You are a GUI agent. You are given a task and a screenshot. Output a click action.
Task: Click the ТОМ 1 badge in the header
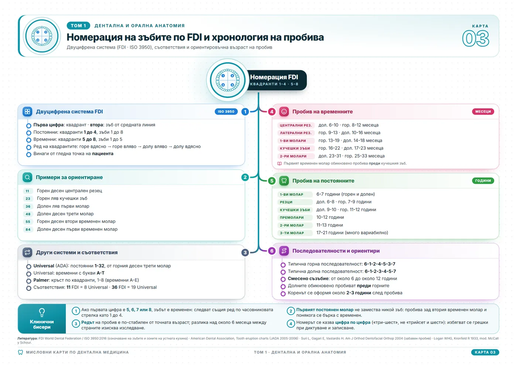(78, 26)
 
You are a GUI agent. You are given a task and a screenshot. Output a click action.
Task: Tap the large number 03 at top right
(476, 38)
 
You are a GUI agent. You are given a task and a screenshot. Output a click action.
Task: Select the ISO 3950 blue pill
(226, 112)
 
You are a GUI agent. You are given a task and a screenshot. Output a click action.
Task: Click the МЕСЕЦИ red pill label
(483, 112)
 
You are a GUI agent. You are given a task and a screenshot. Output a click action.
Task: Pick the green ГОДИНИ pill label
(483, 181)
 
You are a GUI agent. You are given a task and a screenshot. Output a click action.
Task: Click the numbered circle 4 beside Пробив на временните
(272, 112)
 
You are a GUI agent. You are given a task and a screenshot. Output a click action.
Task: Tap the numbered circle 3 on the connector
(245, 253)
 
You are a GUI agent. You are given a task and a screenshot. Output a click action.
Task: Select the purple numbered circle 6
(272, 251)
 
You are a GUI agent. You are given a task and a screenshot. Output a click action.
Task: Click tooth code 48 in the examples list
(28, 214)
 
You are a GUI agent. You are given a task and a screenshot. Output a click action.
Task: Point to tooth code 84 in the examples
(28, 230)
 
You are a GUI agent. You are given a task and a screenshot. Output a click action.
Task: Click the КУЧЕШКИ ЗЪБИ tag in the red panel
(295, 148)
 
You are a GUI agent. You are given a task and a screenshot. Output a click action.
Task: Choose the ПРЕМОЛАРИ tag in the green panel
(292, 217)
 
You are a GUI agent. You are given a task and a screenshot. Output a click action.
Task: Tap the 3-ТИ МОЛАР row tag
(292, 233)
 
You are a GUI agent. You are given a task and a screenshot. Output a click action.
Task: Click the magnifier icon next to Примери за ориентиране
(27, 177)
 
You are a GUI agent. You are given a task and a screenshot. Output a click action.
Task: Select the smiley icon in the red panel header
(284, 112)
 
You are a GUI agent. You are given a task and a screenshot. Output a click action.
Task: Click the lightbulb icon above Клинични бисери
(42, 312)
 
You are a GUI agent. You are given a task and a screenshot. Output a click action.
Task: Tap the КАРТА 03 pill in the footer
(485, 352)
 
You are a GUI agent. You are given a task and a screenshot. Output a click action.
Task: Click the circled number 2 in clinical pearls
(291, 311)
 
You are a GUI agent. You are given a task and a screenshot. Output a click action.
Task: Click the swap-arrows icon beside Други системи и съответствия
(27, 252)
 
